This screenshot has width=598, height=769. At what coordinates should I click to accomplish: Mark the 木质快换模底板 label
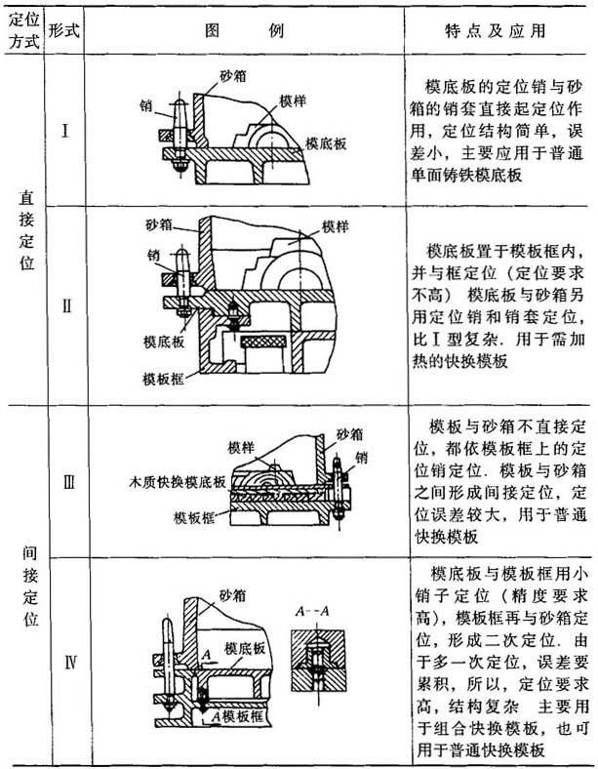pos(178,481)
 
